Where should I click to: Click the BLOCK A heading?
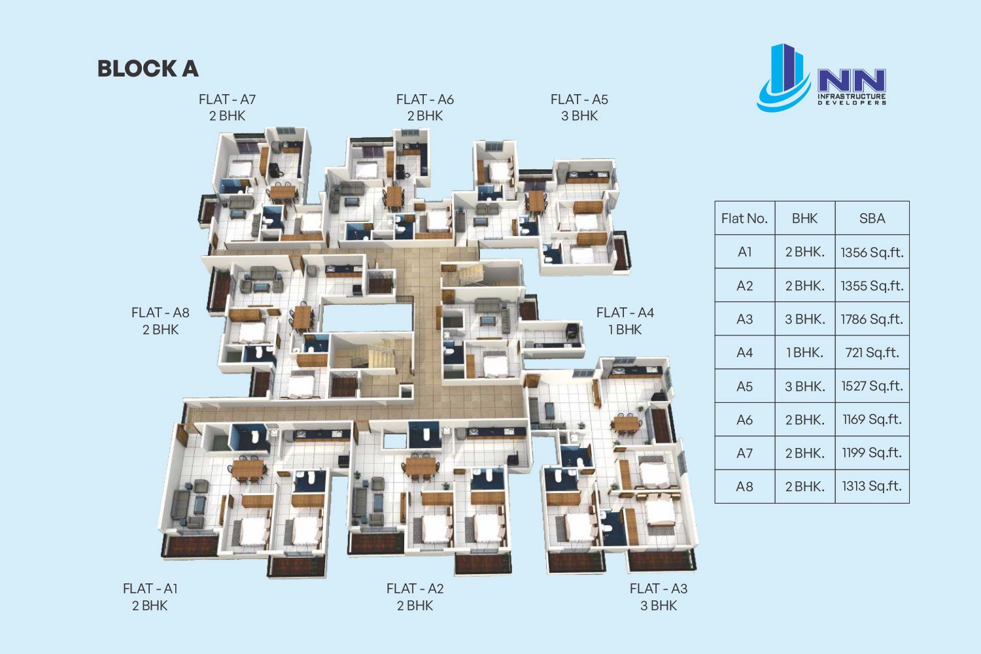[148, 69]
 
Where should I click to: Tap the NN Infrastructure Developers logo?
[821, 78]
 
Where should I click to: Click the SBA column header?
[872, 218]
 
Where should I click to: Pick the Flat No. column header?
[744, 218]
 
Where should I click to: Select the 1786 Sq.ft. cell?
[872, 319]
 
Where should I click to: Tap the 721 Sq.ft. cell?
[872, 353]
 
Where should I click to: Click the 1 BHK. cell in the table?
[804, 353]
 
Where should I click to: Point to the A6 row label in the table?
[744, 420]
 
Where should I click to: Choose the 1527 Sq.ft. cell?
[872, 386]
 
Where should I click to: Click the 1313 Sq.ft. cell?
[872, 486]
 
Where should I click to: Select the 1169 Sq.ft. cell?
[872, 420]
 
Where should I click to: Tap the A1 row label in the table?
[744, 252]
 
